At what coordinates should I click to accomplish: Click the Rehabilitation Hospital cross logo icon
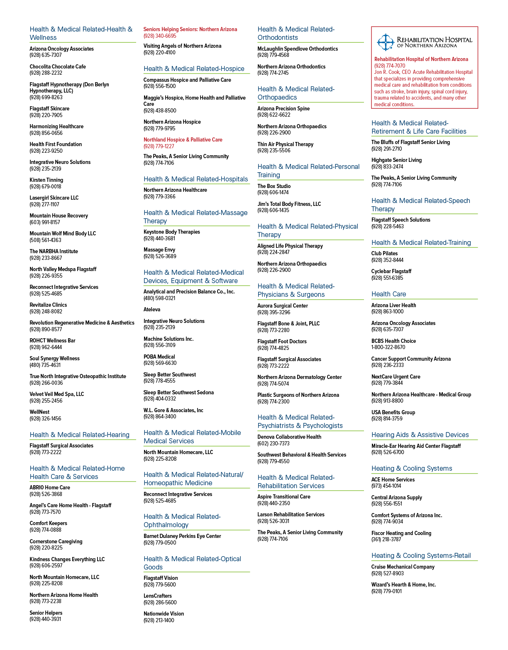386,42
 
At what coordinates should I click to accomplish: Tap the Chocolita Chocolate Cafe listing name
58,67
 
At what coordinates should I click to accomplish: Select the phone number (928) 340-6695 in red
160,36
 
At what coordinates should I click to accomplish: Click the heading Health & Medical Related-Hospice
194,69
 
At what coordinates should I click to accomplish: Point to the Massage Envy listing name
159,250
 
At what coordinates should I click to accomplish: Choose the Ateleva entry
152,309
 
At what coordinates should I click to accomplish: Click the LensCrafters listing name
158,596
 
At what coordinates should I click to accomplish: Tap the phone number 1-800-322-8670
388,347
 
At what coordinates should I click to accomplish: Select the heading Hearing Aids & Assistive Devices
420,435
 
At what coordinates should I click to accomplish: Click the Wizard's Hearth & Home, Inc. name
404,584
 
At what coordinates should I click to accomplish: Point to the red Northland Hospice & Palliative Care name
183,140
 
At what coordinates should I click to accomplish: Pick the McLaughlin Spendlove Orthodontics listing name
298,49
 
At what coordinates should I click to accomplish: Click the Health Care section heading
389,294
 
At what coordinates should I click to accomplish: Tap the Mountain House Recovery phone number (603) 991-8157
45,222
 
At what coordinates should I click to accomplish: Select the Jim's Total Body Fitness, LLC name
289,204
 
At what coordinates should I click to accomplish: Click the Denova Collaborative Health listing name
289,437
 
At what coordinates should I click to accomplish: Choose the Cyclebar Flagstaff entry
391,271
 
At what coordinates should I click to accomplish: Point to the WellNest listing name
39,412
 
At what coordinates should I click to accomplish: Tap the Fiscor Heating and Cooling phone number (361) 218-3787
386,539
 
